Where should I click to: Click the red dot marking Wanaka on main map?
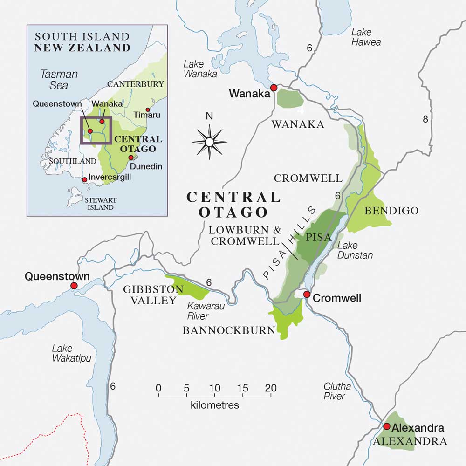[274, 88]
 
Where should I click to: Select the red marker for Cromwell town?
[307, 295]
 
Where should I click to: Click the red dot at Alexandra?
[386, 426]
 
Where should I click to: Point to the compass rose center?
[209, 142]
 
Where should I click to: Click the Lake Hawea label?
[366, 37]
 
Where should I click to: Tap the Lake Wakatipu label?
[71, 353]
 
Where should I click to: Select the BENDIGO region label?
[391, 211]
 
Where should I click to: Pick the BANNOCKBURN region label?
[229, 330]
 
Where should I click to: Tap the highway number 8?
[425, 119]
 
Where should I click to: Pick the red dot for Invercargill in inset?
[84, 179]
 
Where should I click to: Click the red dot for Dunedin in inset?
[131, 158]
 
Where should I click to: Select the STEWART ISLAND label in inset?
[101, 204]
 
